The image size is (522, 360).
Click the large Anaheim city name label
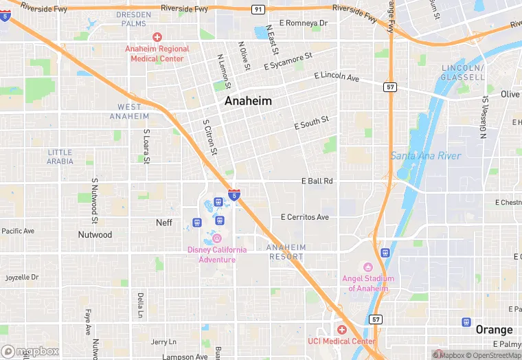coord(248,101)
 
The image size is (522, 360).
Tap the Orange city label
coord(495,329)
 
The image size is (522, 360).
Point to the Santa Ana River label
coord(425,156)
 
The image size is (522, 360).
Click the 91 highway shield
coord(258,9)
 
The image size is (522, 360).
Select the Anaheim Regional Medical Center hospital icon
coord(157,36)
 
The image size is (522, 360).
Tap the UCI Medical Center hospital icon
coord(341,330)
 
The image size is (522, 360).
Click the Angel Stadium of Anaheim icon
coord(367,267)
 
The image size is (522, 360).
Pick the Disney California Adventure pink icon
coord(216,238)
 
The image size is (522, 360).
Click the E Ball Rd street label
coord(317,181)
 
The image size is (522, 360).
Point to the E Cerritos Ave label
coord(305,217)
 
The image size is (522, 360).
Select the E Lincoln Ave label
coord(337,77)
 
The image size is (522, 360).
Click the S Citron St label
coord(210,137)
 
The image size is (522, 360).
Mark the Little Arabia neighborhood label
coord(60,157)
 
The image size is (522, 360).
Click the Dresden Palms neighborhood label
coord(133,19)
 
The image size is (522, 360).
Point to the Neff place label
coord(164,223)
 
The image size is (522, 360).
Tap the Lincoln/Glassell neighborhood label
coord(463,73)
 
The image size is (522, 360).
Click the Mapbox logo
coord(30,351)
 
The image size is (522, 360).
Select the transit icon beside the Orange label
coord(466,322)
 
